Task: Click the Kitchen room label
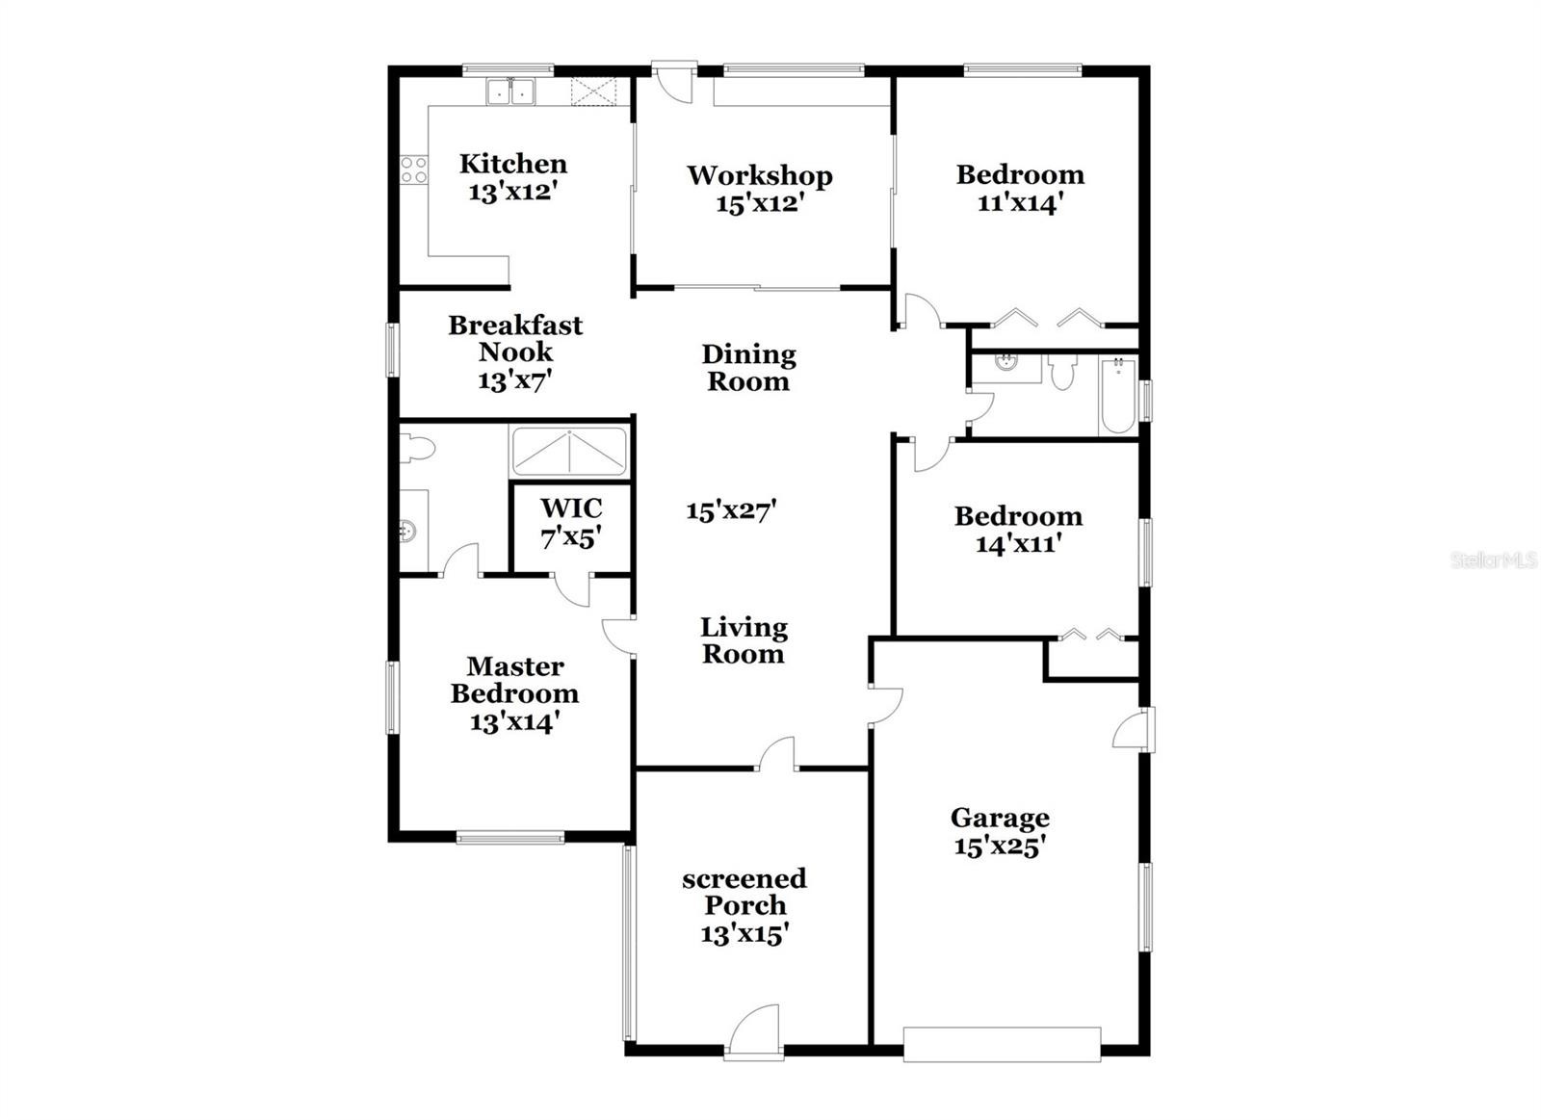(513, 164)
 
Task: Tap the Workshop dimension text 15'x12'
(760, 203)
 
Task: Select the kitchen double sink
(511, 91)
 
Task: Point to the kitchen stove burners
(414, 169)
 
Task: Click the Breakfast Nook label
(515, 338)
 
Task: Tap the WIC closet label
(571, 508)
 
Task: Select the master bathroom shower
(569, 452)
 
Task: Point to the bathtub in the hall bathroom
(1118, 396)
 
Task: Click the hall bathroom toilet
(1062, 372)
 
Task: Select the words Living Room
(743, 640)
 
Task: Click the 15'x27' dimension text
(731, 510)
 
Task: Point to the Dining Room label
(748, 368)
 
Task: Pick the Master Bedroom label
(515, 680)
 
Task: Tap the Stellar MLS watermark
(1494, 560)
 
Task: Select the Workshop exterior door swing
(675, 84)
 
